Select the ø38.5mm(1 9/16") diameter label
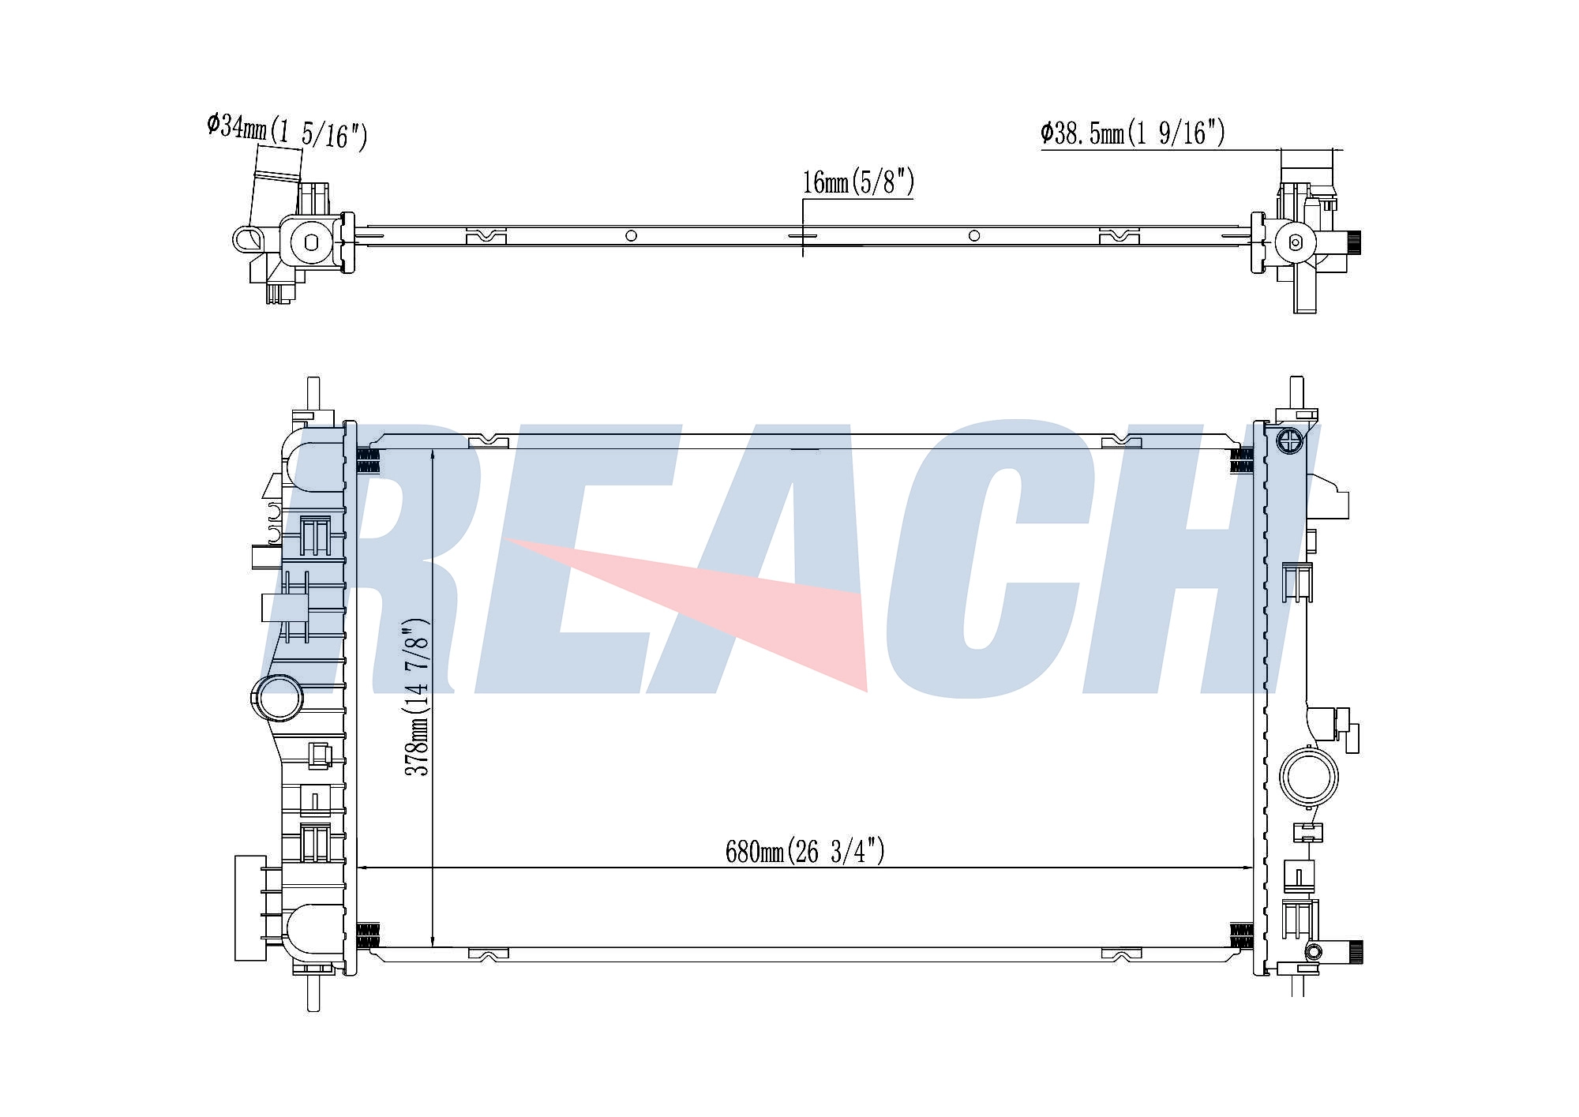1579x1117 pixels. (1133, 133)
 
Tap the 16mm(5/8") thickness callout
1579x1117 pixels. (858, 182)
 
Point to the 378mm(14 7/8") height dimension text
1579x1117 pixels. (417, 697)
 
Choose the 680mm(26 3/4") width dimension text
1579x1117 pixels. (805, 851)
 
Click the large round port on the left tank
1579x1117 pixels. (277, 697)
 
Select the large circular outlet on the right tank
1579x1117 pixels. (1309, 777)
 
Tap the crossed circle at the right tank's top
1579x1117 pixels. (1288, 441)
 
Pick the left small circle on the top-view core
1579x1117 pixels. (631, 235)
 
